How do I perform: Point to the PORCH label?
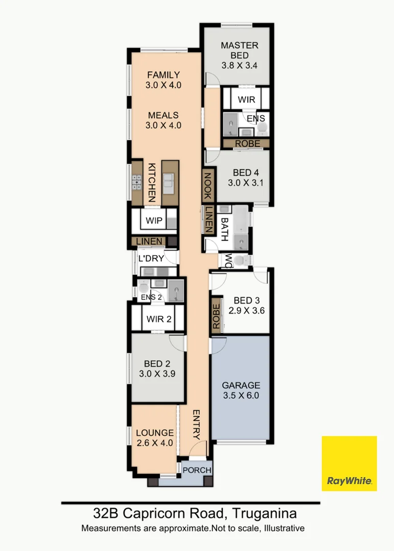[197, 470]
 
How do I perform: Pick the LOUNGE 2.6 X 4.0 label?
[154, 438]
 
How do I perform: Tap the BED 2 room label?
[157, 368]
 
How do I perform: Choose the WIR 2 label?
[158, 319]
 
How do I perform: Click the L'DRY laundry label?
[151, 259]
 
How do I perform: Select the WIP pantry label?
[154, 220]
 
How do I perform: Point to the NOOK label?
[208, 186]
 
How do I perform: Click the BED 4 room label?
[242, 178]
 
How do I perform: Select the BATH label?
[224, 229]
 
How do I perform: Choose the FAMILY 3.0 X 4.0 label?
[164, 80]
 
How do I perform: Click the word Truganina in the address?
[264, 512]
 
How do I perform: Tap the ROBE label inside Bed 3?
[216, 316]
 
